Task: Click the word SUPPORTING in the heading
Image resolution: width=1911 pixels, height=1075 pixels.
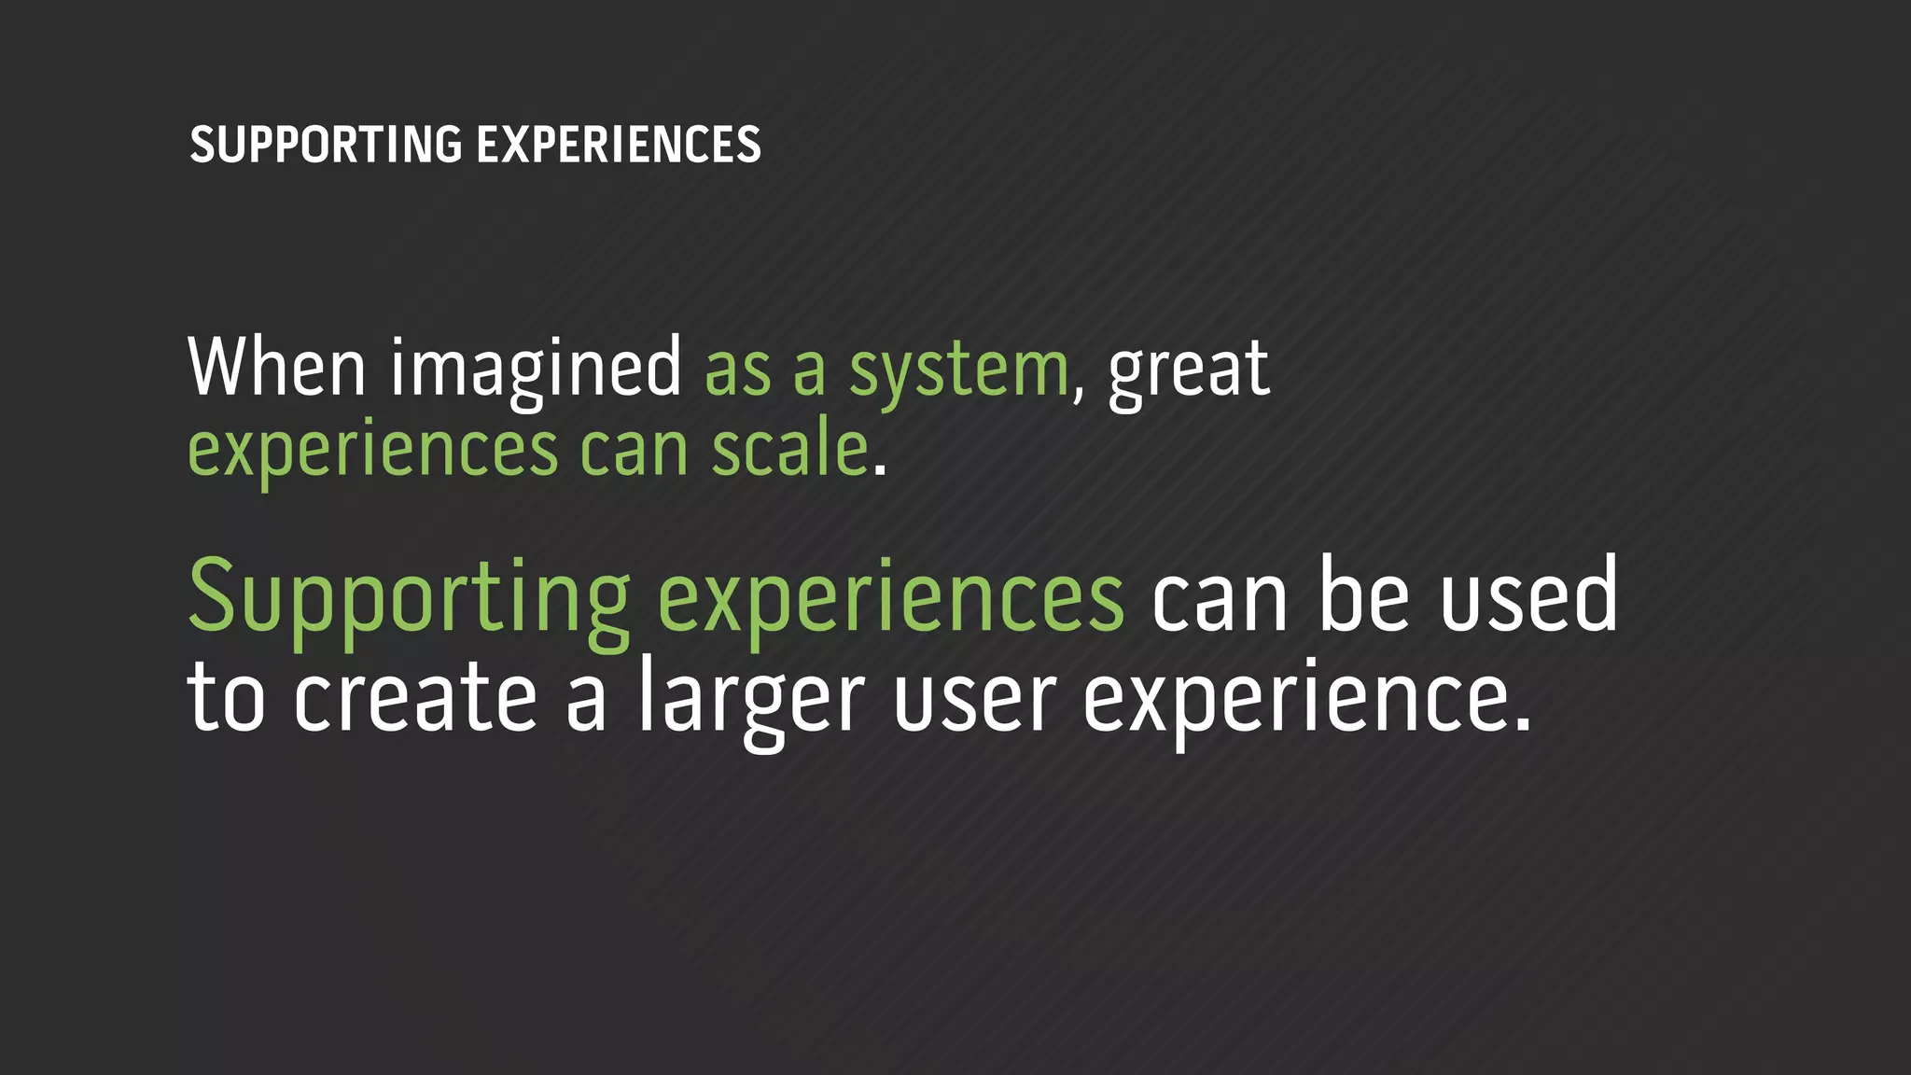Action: tap(326, 146)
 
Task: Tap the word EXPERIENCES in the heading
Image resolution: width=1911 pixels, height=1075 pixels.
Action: tap(619, 146)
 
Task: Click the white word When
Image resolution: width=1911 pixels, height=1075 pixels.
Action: tap(277, 368)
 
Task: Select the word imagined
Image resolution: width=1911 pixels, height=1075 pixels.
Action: tap(537, 370)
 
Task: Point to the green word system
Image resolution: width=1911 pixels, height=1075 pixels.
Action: tap(958, 371)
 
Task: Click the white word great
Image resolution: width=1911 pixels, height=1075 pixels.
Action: tap(1189, 371)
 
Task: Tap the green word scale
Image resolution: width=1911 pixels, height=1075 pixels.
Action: tap(789, 450)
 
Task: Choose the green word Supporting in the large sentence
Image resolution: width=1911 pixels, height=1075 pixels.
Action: tap(410, 597)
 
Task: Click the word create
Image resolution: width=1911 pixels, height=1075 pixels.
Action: tap(415, 698)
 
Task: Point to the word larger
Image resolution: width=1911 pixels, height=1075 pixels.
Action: tap(752, 700)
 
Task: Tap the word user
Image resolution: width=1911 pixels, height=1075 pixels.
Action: tap(974, 700)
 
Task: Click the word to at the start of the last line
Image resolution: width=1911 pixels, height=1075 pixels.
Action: tap(227, 698)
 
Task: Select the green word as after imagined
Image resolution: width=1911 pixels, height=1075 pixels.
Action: tap(737, 370)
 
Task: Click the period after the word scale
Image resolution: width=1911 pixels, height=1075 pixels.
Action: tap(879, 472)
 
